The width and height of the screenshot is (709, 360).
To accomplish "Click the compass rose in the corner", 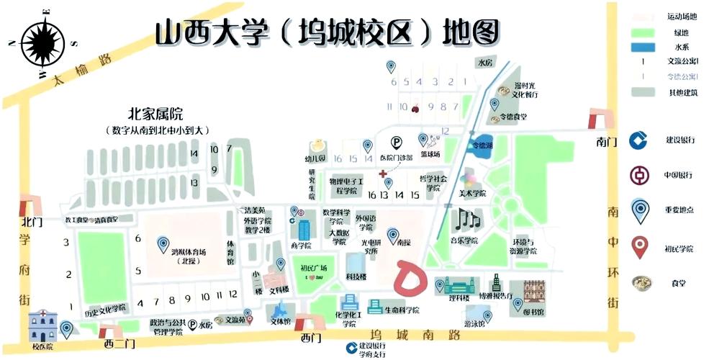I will pos(42,42).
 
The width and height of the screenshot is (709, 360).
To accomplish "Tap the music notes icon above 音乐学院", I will pos(464,218).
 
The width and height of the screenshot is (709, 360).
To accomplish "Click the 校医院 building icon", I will pos(42,328).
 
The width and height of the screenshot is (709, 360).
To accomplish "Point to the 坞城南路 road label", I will pos(413,335).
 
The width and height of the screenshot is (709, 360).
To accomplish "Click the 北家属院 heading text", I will pos(155,114).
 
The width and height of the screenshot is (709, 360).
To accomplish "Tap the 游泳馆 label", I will pos(474,323).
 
